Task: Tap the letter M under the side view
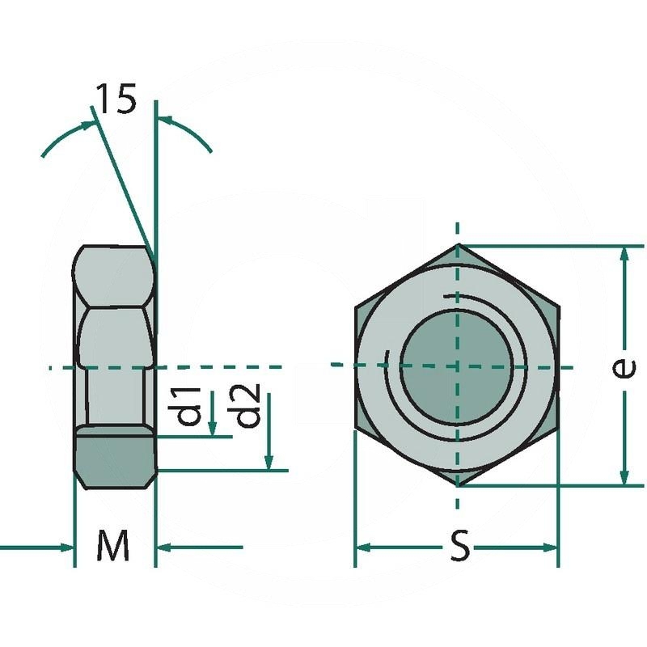pyautogui.click(x=113, y=548)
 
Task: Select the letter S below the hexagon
pyautogui.click(x=459, y=548)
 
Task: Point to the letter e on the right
pyautogui.click(x=621, y=367)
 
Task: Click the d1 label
pyautogui.click(x=189, y=406)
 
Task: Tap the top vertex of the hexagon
pyautogui.click(x=458, y=245)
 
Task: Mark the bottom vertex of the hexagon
pyautogui.click(x=458, y=485)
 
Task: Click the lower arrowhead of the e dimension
pyautogui.click(x=624, y=477)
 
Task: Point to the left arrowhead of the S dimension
pyautogui.click(x=364, y=548)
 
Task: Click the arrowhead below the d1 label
pyautogui.click(x=212, y=429)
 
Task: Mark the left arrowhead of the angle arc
pyautogui.click(x=87, y=125)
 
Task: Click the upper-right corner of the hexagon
pyautogui.click(x=558, y=305)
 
